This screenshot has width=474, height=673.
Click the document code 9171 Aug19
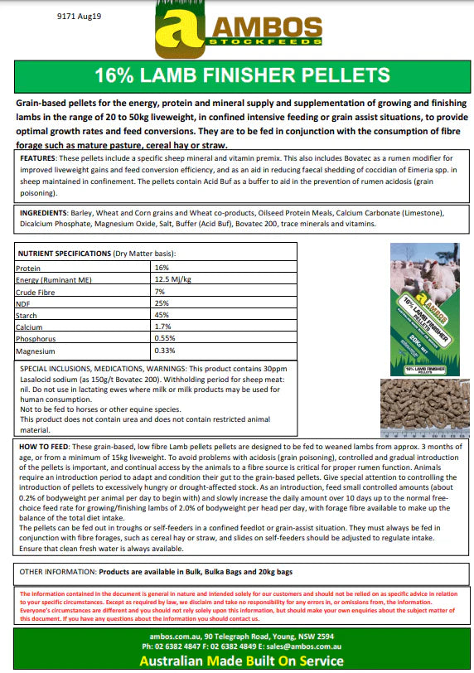pyautogui.click(x=49, y=15)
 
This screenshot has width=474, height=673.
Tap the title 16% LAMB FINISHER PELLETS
pyautogui.click(x=236, y=75)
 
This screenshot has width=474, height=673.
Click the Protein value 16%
pyautogui.click(x=162, y=268)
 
